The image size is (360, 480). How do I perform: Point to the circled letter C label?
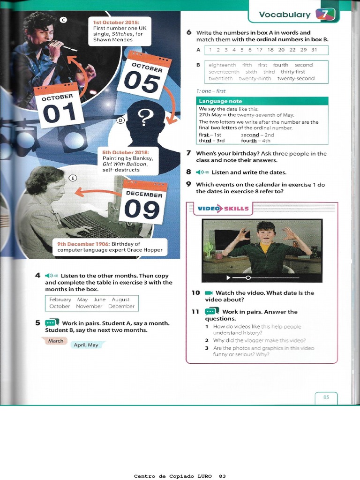(64, 19)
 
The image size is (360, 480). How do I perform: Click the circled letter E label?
(72, 178)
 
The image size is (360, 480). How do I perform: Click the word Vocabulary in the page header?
(285, 15)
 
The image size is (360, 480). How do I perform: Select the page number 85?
(326, 397)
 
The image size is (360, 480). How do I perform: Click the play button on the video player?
(228, 277)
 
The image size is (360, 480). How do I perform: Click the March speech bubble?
(56, 341)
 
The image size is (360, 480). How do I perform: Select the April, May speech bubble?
(86, 345)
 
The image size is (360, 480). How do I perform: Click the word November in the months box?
(89, 306)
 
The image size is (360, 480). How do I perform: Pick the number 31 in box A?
(314, 50)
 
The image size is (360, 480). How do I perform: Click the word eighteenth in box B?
(222, 65)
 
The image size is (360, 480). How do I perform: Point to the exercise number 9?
(188, 184)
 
